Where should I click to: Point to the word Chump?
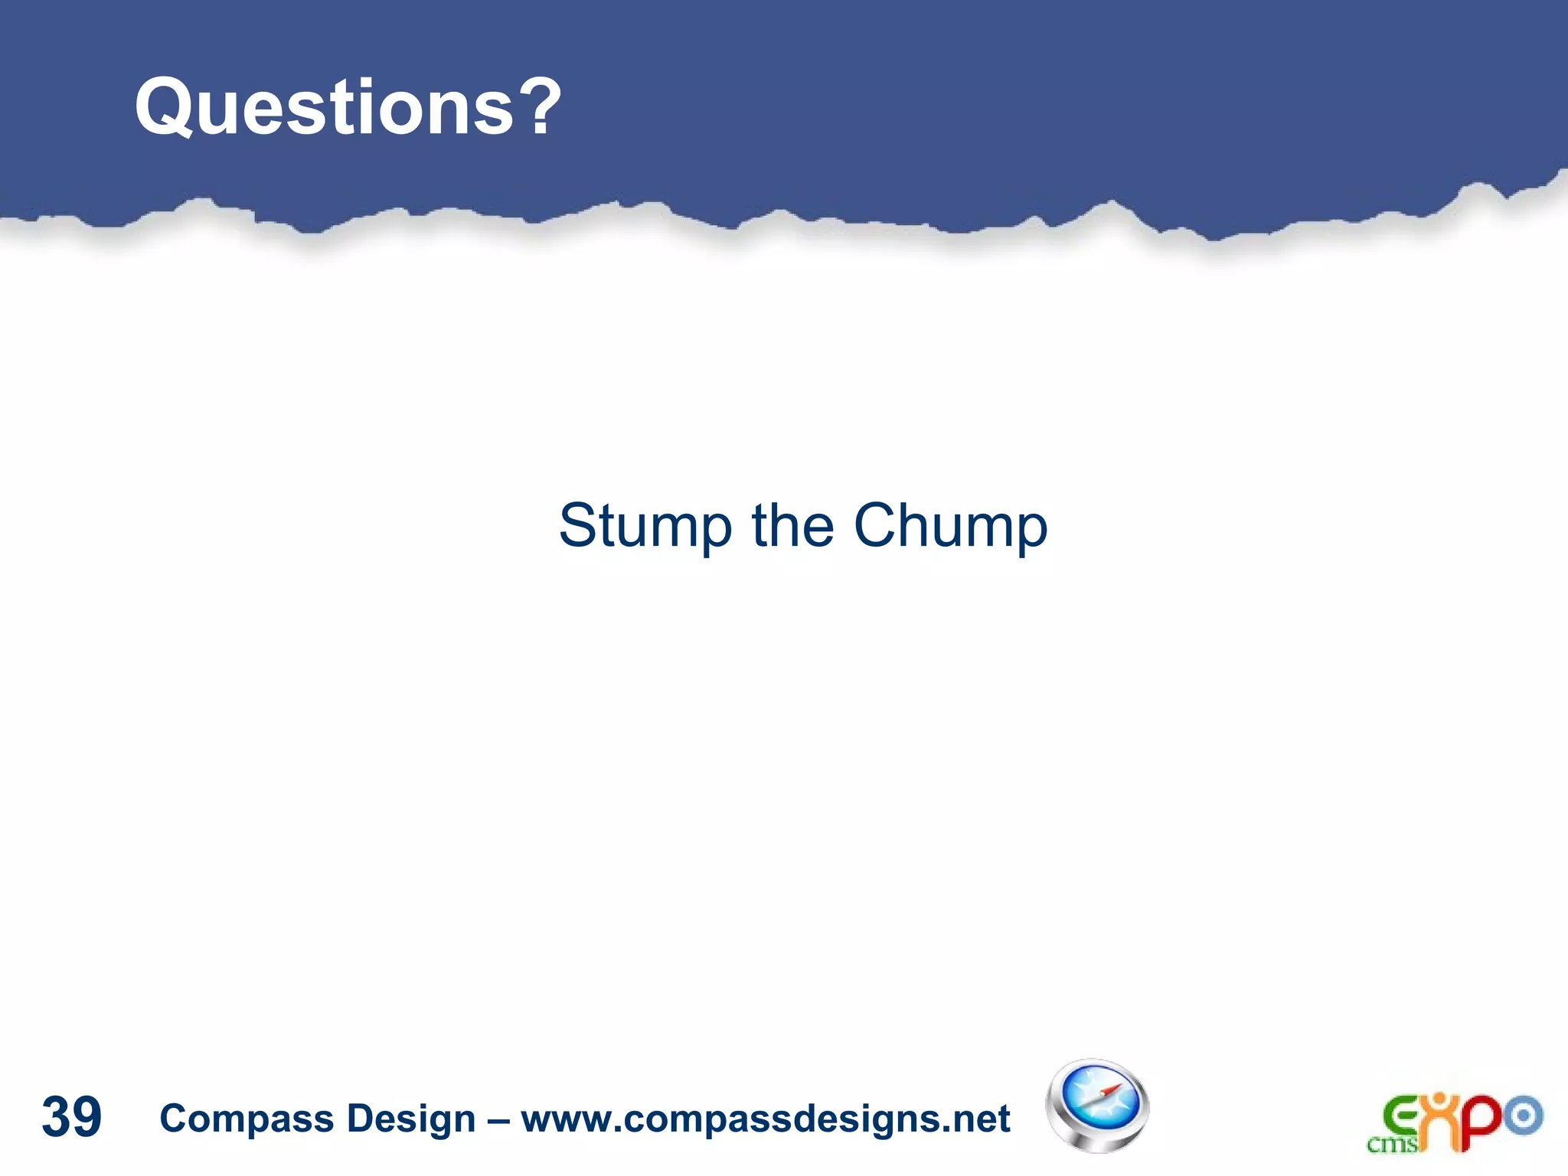coord(950,527)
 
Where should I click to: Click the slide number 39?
coord(71,1117)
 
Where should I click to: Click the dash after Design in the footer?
coord(498,1120)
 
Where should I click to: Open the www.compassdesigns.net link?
coord(766,1119)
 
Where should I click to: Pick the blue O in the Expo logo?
coord(1523,1116)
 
